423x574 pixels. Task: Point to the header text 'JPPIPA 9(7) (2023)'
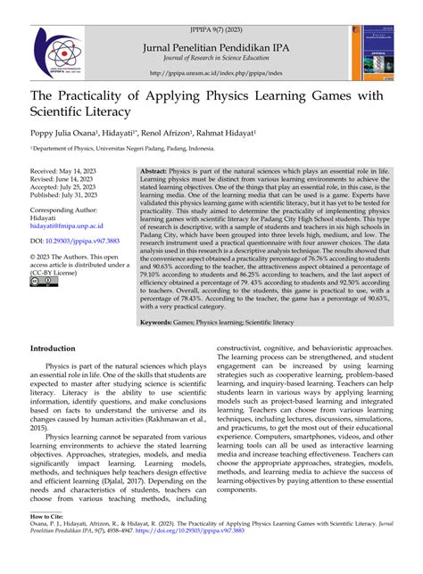click(x=211, y=7)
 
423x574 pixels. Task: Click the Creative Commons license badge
click(x=41, y=283)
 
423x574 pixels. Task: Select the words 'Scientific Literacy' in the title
click(x=90, y=112)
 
